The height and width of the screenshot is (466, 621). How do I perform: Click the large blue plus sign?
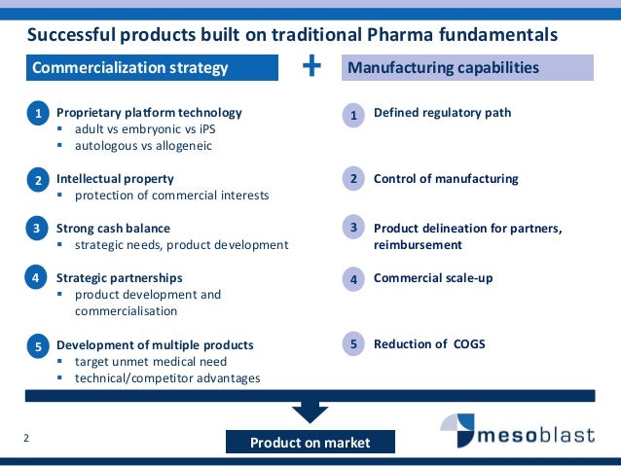(311, 66)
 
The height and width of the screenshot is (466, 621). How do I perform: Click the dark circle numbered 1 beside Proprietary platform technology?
(37, 115)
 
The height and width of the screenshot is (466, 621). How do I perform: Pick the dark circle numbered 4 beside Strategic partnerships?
(37, 278)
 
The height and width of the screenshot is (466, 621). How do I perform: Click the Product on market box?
(310, 443)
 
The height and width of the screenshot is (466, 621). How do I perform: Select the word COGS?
(467, 343)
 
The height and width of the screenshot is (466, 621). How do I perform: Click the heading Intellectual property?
(115, 179)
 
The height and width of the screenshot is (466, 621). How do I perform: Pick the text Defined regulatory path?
(442, 113)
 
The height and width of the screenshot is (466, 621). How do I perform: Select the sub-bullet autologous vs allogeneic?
(143, 146)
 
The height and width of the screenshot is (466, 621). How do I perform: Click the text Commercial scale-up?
(433, 278)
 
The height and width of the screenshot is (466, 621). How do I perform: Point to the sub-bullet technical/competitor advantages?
(167, 377)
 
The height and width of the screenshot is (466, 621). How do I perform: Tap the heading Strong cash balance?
(113, 229)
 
